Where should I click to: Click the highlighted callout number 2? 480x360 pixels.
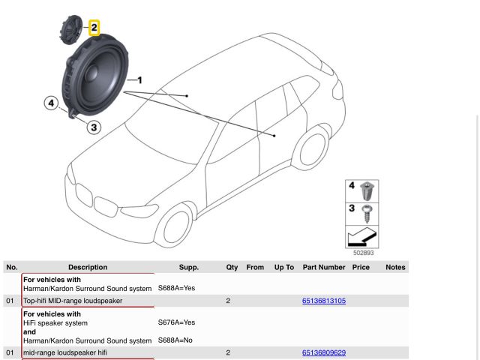pos(94,28)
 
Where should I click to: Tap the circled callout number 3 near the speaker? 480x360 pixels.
pos(94,127)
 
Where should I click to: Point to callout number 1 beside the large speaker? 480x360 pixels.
pos(139,79)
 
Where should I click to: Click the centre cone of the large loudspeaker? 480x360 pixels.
pos(97,77)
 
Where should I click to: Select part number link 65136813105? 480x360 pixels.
pos(323,301)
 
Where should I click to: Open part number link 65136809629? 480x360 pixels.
pos(323,352)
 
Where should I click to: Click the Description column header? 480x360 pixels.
pos(88,267)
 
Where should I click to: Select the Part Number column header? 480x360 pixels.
pos(324,267)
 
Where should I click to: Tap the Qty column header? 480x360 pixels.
pos(232,267)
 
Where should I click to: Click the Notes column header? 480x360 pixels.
pos(395,267)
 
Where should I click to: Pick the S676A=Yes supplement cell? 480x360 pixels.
pos(176,322)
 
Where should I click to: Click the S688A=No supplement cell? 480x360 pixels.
pos(176,340)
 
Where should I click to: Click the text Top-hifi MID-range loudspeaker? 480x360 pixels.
pos(73,301)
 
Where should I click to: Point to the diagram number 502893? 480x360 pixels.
pos(364,253)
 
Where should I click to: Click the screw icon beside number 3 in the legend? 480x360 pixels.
pos(367,212)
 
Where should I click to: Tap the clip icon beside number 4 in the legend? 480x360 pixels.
pos(367,190)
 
